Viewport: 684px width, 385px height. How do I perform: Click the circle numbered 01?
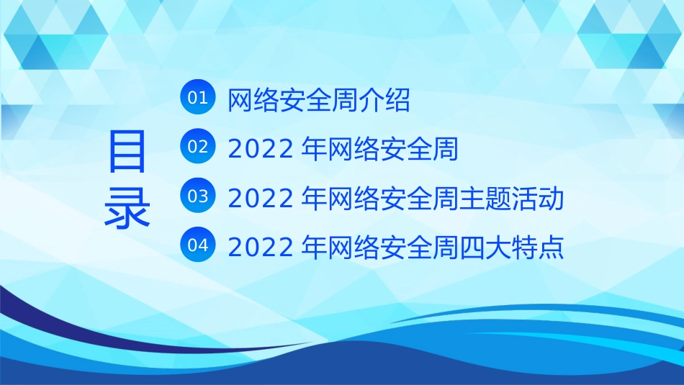(197, 98)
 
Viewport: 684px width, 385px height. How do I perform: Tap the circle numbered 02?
(197, 147)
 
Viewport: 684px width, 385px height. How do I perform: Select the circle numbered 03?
(197, 196)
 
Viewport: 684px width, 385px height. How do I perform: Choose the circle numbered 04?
(197, 245)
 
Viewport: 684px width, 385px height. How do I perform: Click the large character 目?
(127, 152)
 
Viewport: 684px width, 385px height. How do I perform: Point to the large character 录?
(127, 207)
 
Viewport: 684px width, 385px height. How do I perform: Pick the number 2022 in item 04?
(260, 248)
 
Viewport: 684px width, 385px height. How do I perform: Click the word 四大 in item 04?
(488, 248)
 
